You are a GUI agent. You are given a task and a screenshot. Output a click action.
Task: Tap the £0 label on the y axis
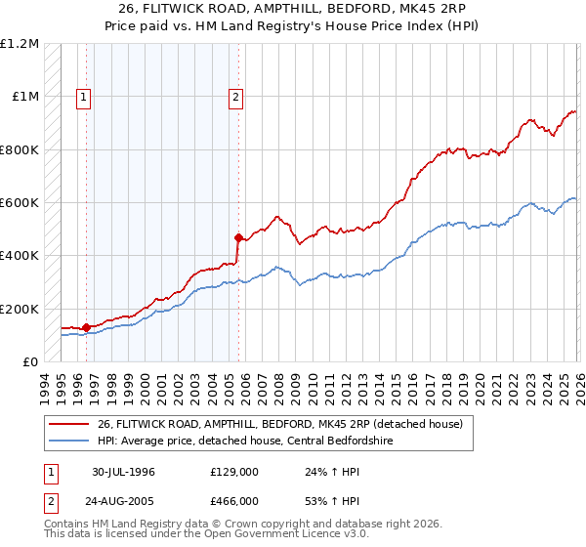pyautogui.click(x=30, y=362)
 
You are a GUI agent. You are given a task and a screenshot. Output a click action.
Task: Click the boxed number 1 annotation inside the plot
pyautogui.click(x=84, y=97)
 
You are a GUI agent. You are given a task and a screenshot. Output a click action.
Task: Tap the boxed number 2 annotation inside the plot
pyautogui.click(x=236, y=97)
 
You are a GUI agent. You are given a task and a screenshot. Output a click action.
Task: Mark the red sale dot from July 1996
pyautogui.click(x=87, y=327)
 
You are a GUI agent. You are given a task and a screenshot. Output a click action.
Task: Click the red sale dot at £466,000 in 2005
pyautogui.click(x=237, y=237)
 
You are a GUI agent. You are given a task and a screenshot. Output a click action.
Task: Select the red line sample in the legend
pyautogui.click(x=69, y=424)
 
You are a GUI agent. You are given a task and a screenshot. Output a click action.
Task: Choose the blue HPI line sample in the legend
pyautogui.click(x=69, y=441)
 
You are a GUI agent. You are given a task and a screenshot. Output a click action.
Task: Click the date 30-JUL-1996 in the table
pyautogui.click(x=124, y=472)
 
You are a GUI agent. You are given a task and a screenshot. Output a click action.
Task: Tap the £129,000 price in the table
pyautogui.click(x=234, y=472)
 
